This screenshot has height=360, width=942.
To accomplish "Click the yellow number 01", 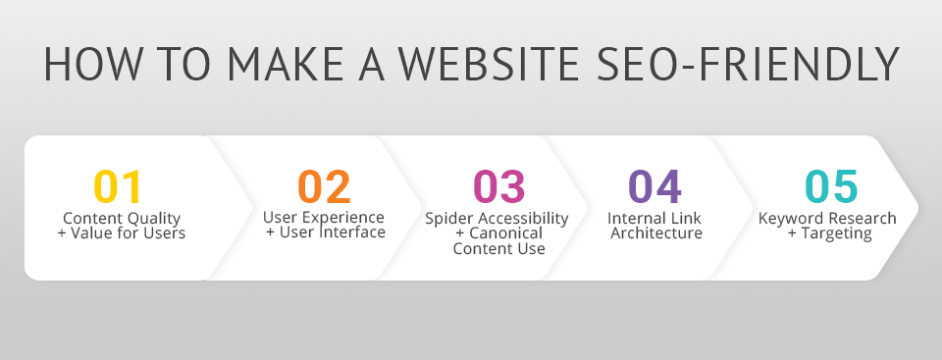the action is click(x=118, y=187).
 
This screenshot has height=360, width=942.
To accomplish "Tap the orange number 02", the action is click(x=325, y=186).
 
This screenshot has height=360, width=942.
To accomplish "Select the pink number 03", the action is click(x=499, y=186).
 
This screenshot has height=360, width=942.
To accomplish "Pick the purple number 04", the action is click(x=654, y=186).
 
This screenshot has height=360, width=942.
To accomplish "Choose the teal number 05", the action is click(x=831, y=186).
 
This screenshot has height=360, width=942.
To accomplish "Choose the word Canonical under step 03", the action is click(x=505, y=233).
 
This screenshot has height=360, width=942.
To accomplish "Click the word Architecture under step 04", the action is click(x=656, y=233).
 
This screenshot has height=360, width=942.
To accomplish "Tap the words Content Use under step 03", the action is click(x=499, y=248).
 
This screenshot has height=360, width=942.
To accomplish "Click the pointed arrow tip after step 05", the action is click(x=918, y=208).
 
